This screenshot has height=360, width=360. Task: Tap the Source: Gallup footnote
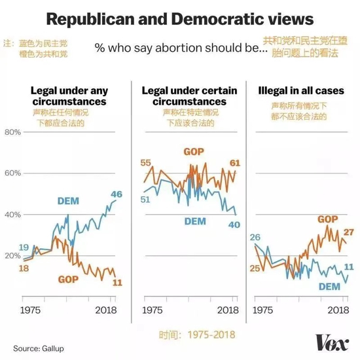tap(39, 348)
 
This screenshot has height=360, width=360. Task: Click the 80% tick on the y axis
tap(12, 132)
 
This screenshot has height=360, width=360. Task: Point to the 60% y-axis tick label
tap(12, 173)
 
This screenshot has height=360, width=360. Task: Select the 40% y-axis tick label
tap(12, 215)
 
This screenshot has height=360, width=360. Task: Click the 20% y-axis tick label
tap(12, 256)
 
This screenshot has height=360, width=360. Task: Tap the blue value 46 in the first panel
tap(117, 194)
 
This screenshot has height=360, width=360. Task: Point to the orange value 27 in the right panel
tap(348, 232)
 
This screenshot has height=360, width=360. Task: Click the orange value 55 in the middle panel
tap(146, 163)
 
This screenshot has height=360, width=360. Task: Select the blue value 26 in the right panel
tap(256, 237)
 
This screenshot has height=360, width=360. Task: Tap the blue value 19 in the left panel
tap(24, 247)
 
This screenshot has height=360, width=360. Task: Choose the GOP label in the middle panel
tap(193, 152)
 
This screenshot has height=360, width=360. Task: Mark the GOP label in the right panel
tap(328, 219)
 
